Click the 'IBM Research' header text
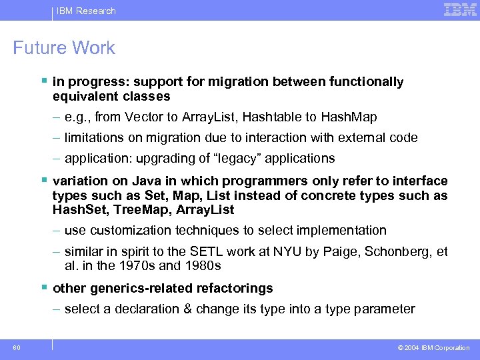(86, 11)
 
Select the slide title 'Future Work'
(64, 48)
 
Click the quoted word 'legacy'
(246, 159)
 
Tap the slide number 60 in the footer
(16, 347)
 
